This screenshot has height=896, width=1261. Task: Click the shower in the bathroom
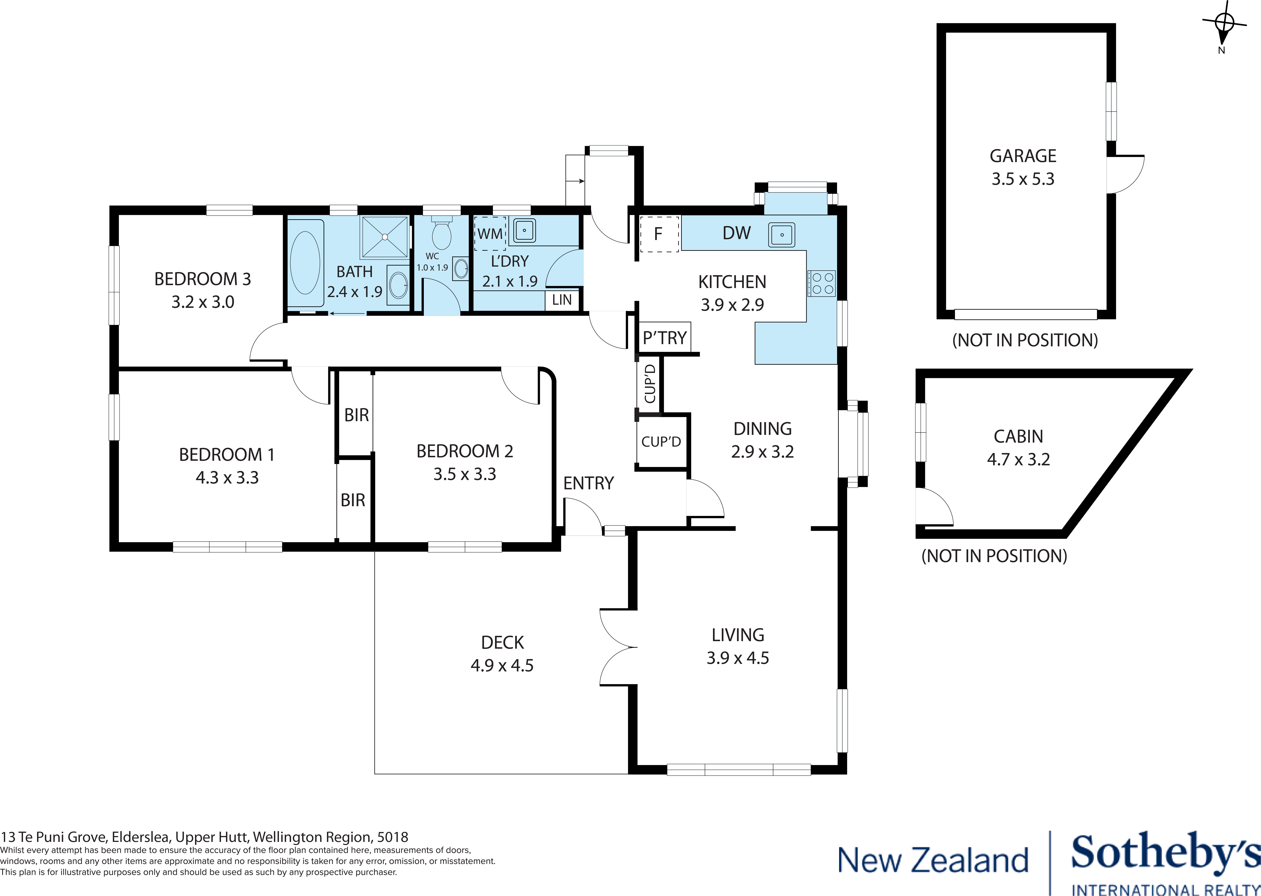(385, 237)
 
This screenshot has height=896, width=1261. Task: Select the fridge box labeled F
(659, 234)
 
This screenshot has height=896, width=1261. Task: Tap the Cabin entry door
(934, 507)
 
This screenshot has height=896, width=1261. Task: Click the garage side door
(1125, 174)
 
